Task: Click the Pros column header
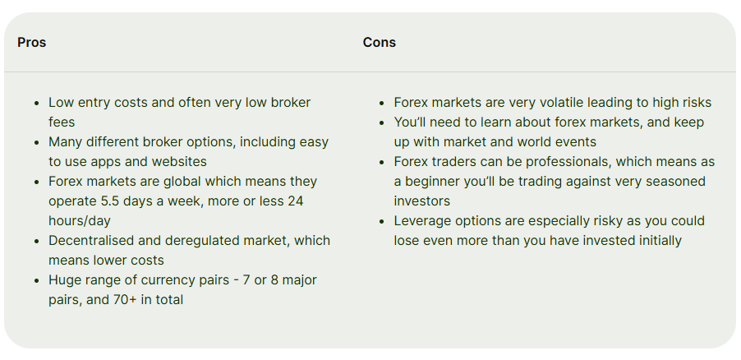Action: (x=32, y=43)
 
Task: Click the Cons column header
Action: (x=379, y=43)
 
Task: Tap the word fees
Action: (x=62, y=122)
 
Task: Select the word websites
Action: (x=179, y=162)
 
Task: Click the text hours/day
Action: (x=80, y=221)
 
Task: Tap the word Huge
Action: (x=64, y=280)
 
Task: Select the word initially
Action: (x=658, y=241)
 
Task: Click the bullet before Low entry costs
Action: (x=37, y=103)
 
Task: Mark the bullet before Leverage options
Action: (x=382, y=221)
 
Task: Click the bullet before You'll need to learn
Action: (x=382, y=122)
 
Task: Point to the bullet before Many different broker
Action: (x=37, y=142)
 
